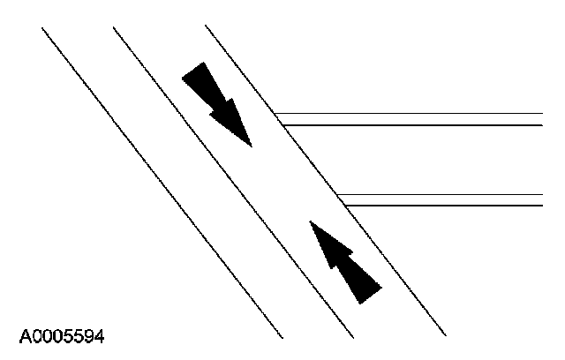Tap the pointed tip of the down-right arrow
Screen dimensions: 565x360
click(x=251, y=146)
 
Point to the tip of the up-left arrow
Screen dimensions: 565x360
click(x=310, y=221)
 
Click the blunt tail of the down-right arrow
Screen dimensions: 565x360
click(x=192, y=72)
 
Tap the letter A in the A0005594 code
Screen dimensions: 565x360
click(x=24, y=336)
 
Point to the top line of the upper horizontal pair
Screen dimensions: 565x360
click(x=415, y=114)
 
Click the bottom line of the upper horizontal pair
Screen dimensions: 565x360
click(x=415, y=125)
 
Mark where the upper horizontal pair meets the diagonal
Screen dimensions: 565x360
click(x=278, y=119)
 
